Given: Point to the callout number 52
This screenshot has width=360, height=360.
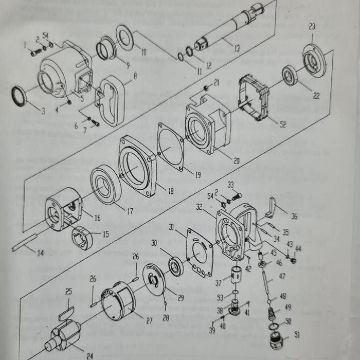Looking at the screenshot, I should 282,124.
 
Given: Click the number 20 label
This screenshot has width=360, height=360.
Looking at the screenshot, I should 236,161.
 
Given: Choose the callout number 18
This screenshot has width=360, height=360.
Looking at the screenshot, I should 171,191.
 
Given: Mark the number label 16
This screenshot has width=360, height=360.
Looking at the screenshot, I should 97,218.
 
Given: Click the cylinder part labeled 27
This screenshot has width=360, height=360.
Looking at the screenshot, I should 119,303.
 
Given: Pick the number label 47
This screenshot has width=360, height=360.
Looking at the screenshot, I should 282,276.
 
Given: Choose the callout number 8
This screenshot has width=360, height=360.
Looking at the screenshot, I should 135,77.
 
